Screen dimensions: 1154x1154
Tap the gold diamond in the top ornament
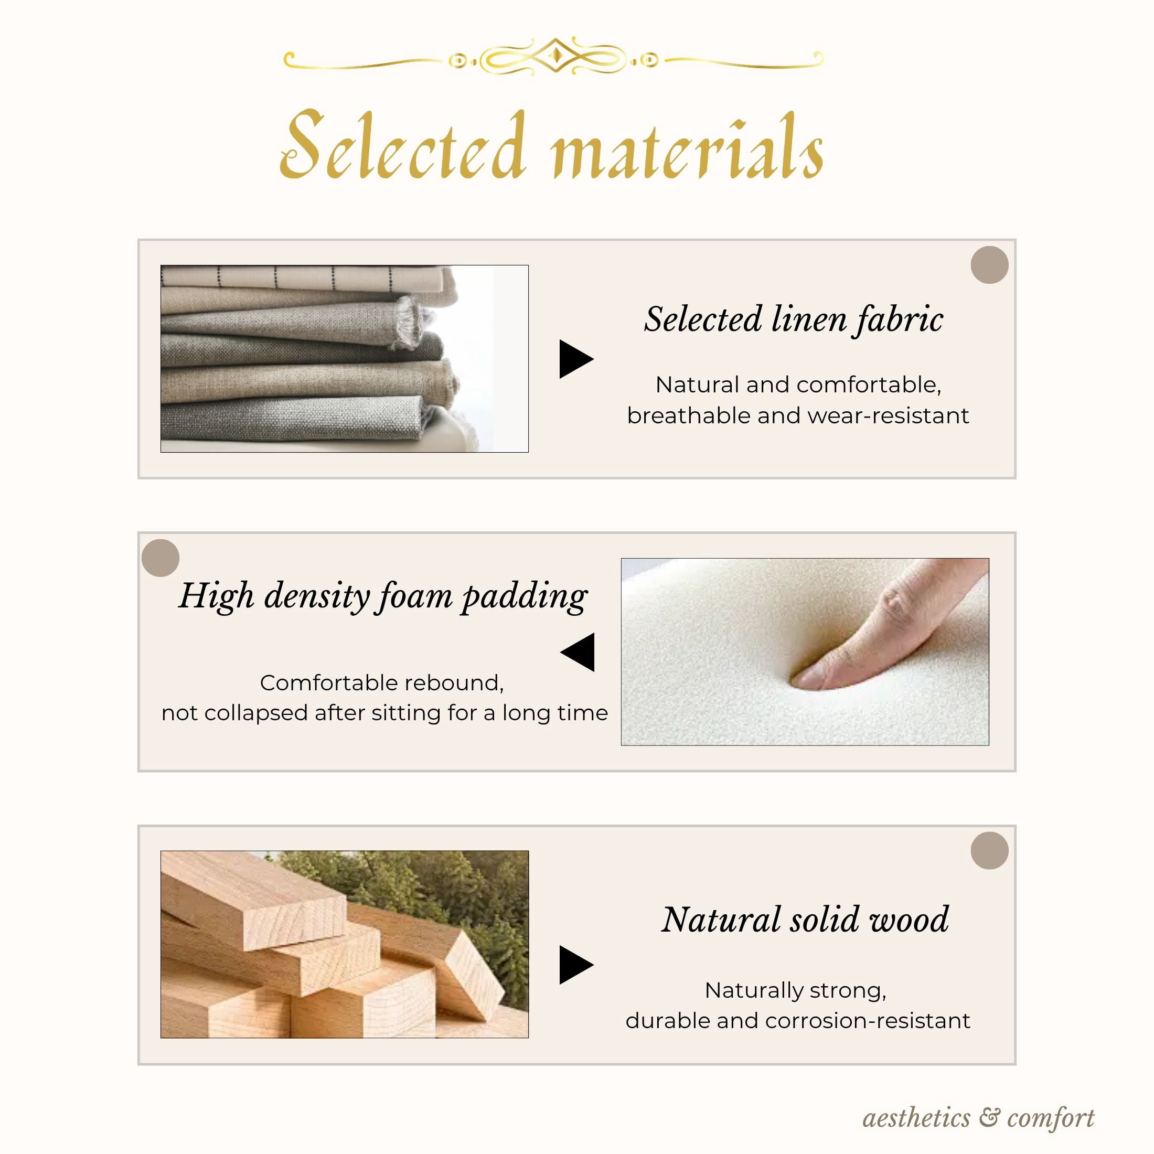[555, 56]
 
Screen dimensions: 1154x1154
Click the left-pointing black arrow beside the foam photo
[577, 651]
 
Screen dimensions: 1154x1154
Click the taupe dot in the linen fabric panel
[989, 264]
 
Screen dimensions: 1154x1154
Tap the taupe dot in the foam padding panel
[161, 558]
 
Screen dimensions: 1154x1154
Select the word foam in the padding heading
[415, 596]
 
